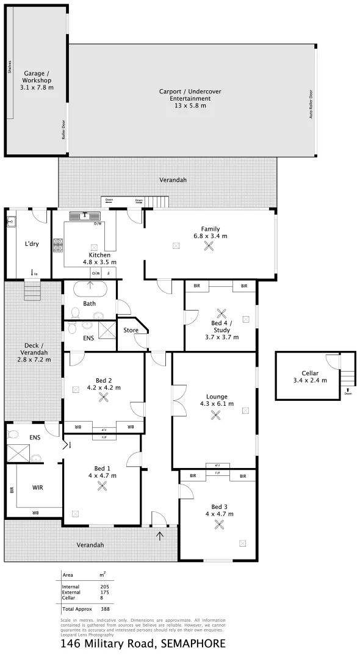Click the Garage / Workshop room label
pos(37,80)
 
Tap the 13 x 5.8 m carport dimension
pos(190,106)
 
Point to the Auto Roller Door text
pos(311,104)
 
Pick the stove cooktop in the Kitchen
pos(59,245)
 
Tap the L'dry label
pos(32,244)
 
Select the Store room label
pos(131,330)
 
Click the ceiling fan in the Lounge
pos(215,415)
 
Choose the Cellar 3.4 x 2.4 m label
pos(310,376)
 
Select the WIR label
pos(38,488)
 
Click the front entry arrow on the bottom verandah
pos(160,536)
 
